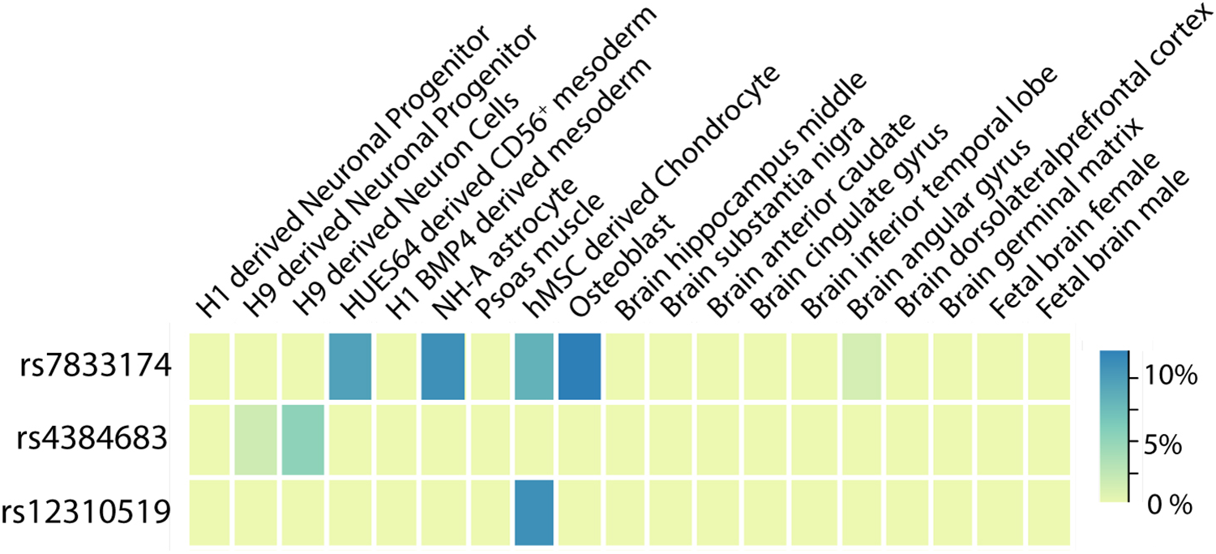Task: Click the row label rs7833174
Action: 96,367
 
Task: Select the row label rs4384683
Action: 96,440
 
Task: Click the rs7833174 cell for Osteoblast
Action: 580,366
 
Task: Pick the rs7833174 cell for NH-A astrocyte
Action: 443,366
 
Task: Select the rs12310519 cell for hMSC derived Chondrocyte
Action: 533,511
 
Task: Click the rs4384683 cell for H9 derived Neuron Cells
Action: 303,440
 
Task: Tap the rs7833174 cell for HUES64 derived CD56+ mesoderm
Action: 349,366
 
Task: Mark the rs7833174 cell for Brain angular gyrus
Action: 863,366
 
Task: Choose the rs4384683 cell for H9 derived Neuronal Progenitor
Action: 256,440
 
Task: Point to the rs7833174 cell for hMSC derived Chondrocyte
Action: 533,366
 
